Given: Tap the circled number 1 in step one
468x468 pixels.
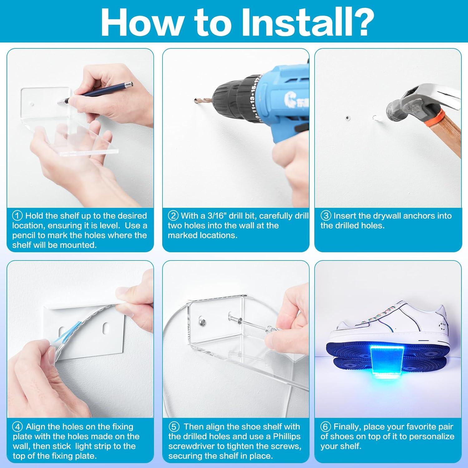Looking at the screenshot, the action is pyautogui.click(x=17, y=216).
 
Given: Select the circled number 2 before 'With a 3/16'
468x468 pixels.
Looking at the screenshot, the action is pyautogui.click(x=173, y=216).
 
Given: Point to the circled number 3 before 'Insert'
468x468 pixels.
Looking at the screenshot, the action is pyautogui.click(x=326, y=216).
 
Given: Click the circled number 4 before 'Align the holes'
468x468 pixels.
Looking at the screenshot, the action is pyautogui.click(x=17, y=427).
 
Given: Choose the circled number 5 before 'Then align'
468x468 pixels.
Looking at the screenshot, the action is pyautogui.click(x=174, y=427).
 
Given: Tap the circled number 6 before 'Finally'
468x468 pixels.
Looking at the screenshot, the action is pyautogui.click(x=326, y=427).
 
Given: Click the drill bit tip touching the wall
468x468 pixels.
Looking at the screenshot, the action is pyautogui.click(x=194, y=100).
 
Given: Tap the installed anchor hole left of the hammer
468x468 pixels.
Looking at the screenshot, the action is pyautogui.click(x=348, y=118).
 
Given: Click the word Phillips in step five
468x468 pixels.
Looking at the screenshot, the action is pyautogui.click(x=282, y=436).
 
